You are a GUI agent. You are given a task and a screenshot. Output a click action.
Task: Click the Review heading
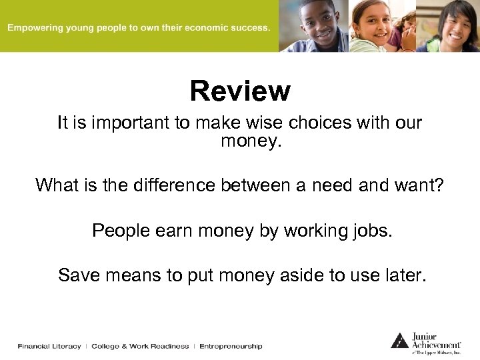click(240, 91)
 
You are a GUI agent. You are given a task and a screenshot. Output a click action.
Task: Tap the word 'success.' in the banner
click(250, 28)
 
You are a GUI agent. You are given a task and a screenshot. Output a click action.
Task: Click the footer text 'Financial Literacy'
click(49, 346)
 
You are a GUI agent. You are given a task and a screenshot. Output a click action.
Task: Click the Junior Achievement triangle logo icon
click(399, 340)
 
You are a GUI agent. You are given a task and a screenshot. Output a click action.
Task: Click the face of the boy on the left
click(318, 23)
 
